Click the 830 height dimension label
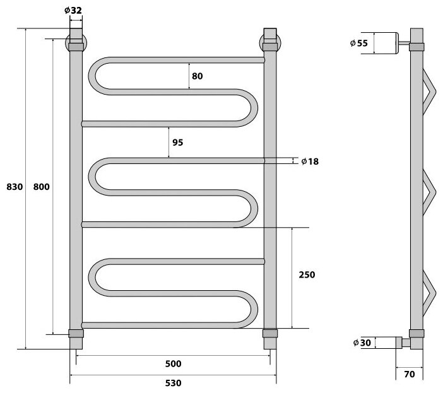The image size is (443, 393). click(x=13, y=187)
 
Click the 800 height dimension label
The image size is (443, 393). click(x=41, y=187)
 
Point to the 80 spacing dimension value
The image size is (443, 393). click(x=197, y=76)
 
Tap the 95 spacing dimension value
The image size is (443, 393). click(x=177, y=143)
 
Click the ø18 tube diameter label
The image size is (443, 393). click(x=310, y=161)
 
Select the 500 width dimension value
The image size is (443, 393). click(x=174, y=364)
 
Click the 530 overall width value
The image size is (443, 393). click(x=174, y=384)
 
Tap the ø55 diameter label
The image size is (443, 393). click(x=358, y=43)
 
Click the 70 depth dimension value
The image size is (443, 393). click(x=410, y=374)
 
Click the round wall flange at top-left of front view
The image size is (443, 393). click(x=76, y=44)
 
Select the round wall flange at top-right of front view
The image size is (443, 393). click(x=270, y=44)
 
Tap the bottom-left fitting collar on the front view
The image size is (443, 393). click(x=76, y=334)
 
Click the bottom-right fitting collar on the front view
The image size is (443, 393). click(x=269, y=334)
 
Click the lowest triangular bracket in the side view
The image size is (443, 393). click(x=430, y=290)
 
